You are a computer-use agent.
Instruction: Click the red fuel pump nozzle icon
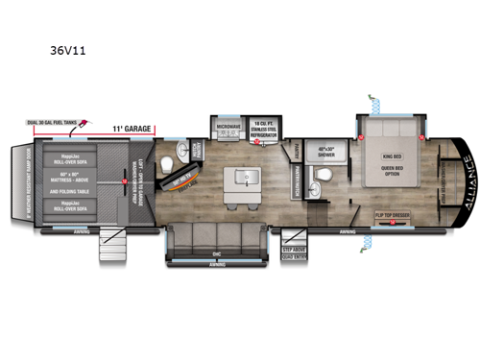click(x=85, y=123)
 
